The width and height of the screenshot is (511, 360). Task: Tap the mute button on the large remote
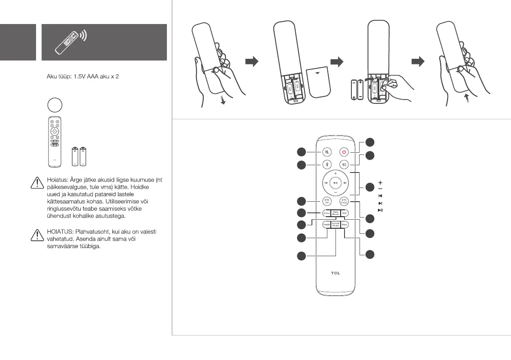tap(327, 152)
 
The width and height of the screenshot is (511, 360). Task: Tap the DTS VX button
tap(327, 201)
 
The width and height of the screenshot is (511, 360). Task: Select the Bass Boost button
tap(335, 212)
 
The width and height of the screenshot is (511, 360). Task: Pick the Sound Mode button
tap(335, 224)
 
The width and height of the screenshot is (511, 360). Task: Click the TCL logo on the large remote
tap(335, 273)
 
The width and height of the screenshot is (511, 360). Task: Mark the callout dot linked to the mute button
tap(302, 151)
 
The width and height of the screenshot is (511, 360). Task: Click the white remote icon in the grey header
tap(69, 42)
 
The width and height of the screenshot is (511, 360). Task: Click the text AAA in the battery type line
tap(93, 80)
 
